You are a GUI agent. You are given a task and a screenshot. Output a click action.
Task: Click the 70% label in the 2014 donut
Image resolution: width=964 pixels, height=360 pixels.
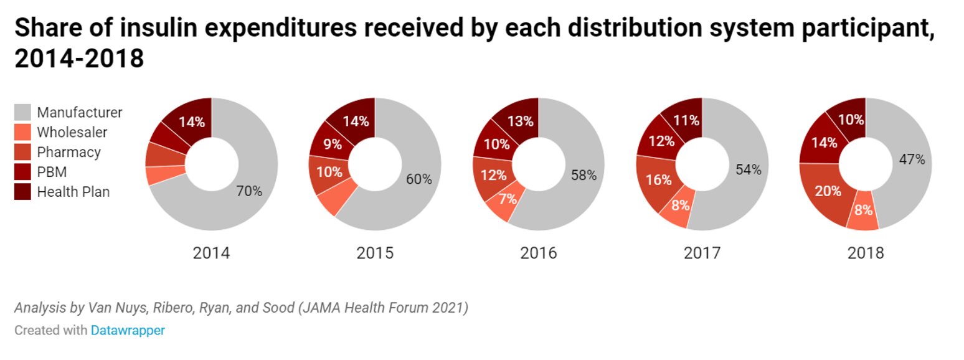(249, 191)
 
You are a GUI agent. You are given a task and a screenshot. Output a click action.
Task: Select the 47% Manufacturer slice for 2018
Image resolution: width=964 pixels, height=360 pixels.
(912, 159)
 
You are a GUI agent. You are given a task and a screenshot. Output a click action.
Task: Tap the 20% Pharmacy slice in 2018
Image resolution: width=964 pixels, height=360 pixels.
(828, 191)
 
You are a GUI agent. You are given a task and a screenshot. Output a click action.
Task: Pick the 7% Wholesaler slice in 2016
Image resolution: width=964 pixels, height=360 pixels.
(508, 199)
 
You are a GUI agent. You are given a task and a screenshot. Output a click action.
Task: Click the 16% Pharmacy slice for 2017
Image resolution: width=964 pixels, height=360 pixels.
(659, 180)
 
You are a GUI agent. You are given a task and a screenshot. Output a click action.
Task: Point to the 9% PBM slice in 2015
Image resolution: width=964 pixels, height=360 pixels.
(332, 144)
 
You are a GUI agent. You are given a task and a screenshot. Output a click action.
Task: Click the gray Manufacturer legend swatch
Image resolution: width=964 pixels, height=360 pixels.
(22, 113)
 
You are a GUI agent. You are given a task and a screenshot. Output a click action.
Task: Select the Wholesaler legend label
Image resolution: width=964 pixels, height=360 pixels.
(72, 132)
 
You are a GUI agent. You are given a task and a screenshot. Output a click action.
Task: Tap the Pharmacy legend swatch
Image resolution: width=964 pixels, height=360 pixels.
(22, 152)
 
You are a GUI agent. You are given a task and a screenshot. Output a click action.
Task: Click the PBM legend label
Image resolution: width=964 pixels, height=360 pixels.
(52, 172)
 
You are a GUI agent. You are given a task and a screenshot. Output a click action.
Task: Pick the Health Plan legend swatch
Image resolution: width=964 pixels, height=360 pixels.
(22, 192)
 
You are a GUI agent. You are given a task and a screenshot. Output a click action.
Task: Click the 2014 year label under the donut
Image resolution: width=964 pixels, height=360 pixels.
(211, 253)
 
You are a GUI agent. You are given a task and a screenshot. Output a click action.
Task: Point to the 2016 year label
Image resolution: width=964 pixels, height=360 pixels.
(539, 253)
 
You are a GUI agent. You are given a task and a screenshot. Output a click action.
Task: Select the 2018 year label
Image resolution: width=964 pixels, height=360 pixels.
(865, 253)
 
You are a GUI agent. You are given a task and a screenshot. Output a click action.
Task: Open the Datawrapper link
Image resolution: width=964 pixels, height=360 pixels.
(128, 331)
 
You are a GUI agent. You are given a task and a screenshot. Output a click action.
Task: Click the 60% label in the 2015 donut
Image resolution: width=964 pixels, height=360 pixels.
(418, 179)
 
